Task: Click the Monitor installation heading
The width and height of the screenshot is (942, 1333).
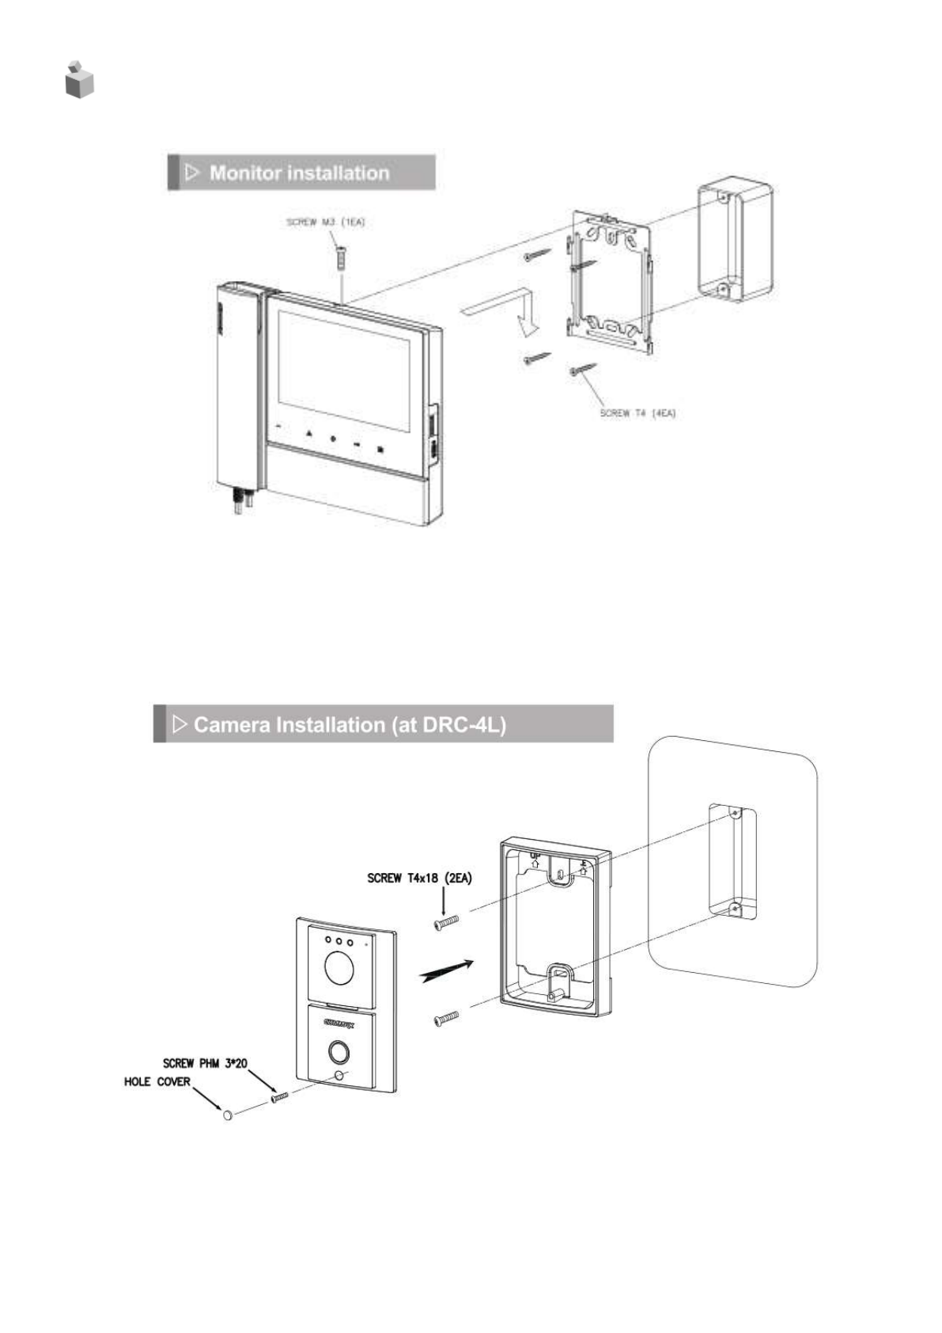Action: [x=299, y=173]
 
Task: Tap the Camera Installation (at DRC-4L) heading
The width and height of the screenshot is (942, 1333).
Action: [x=349, y=725]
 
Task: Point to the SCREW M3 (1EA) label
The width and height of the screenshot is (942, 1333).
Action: [x=325, y=223]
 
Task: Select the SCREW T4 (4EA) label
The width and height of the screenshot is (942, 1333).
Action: [x=637, y=413]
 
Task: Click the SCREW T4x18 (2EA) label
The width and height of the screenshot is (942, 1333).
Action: [x=419, y=879]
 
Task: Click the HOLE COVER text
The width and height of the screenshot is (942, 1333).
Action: [x=157, y=1082]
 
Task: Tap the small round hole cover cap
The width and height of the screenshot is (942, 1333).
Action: [x=228, y=1115]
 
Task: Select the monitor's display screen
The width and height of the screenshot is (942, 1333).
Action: [x=344, y=370]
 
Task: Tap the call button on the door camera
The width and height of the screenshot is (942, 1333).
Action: [x=340, y=1051]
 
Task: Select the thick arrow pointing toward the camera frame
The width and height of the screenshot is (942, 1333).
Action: [x=448, y=970]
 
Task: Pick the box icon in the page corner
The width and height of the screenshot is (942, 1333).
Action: [x=79, y=79]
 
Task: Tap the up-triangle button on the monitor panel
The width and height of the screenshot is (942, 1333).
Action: [x=308, y=435]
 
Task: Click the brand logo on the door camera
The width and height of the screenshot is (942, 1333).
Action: [x=339, y=1023]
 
